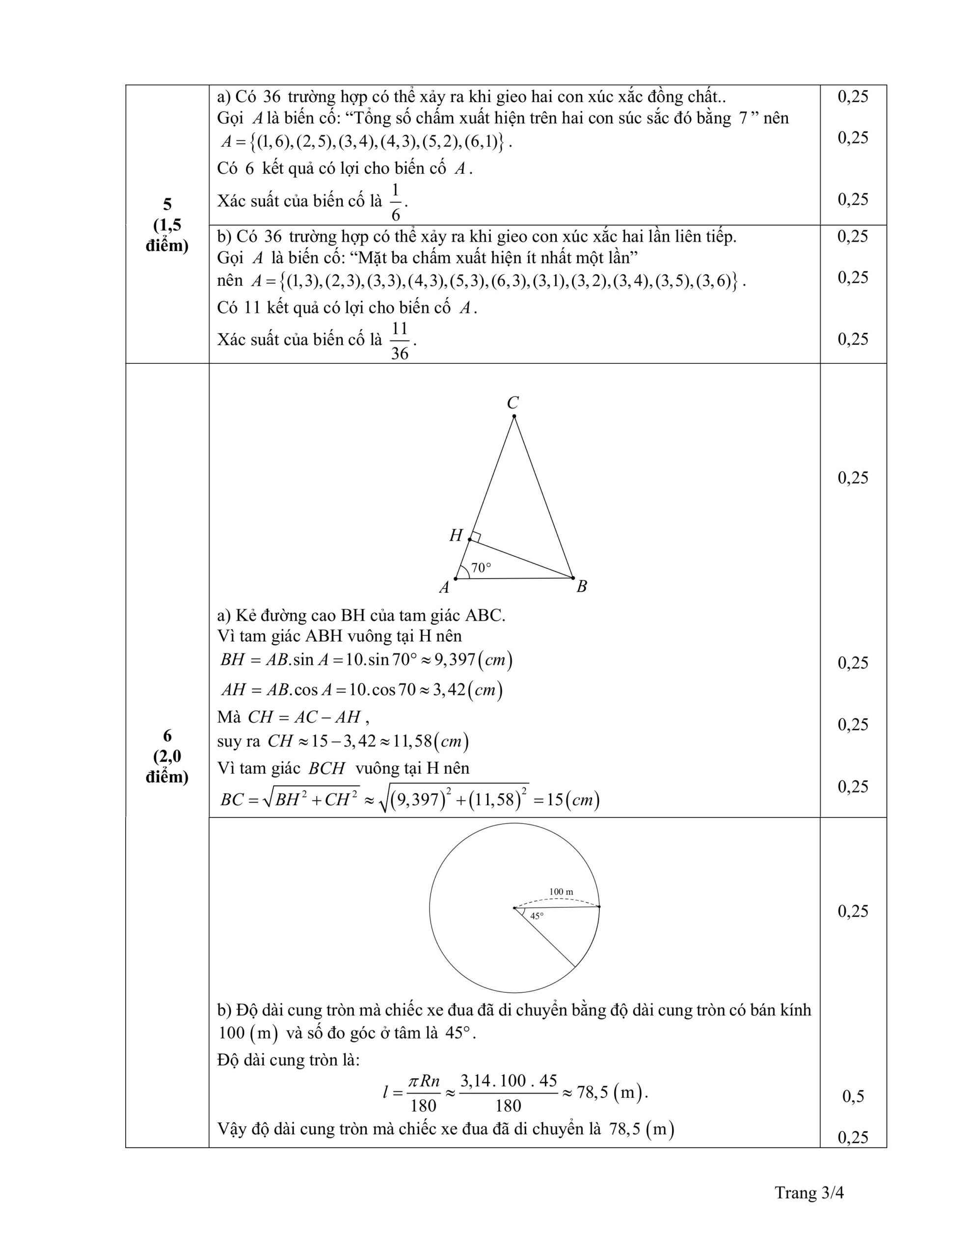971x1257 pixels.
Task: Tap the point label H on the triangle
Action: pyautogui.click(x=456, y=536)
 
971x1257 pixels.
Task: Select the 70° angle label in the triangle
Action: pyautogui.click(x=481, y=568)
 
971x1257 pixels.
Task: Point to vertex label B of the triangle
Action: pyautogui.click(x=581, y=586)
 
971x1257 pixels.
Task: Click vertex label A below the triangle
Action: pyautogui.click(x=444, y=587)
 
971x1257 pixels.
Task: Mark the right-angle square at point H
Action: pyautogui.click(x=475, y=537)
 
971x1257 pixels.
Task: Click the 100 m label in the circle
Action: pyautogui.click(x=561, y=892)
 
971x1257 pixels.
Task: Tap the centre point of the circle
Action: pyautogui.click(x=514, y=908)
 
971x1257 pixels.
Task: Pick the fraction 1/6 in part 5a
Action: pyautogui.click(x=396, y=202)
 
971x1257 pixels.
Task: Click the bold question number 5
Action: pyautogui.click(x=167, y=204)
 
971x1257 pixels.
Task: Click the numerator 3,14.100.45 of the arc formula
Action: pyautogui.click(x=508, y=1081)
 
